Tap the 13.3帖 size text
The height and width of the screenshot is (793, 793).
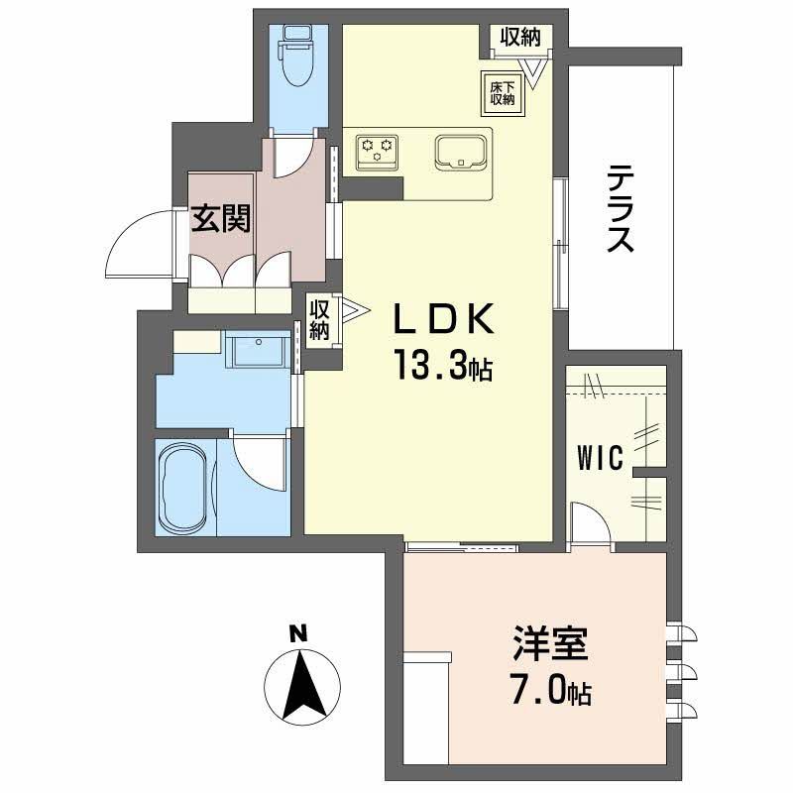pyautogui.click(x=440, y=368)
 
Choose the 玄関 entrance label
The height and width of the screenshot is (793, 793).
pyautogui.click(x=221, y=218)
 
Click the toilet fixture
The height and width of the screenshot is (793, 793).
pyautogui.click(x=295, y=57)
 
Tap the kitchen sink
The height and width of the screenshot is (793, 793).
pyautogui.click(x=460, y=152)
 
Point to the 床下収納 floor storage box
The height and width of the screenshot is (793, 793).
pyautogui.click(x=503, y=92)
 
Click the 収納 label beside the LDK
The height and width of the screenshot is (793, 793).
pyautogui.click(x=319, y=320)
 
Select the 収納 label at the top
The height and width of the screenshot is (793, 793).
pyautogui.click(x=519, y=39)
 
